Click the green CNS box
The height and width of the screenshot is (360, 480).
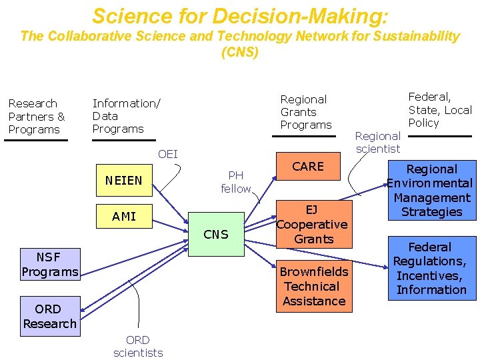[215, 234]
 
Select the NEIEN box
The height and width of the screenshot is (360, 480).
[124, 180]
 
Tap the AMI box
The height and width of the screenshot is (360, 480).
[124, 216]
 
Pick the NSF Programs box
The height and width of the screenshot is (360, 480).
[50, 265]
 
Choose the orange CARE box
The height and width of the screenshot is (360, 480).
[308, 167]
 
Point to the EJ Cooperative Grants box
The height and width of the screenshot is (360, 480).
[312, 225]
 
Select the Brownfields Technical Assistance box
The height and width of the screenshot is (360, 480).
[313, 287]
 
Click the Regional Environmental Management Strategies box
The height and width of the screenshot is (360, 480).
[431, 191]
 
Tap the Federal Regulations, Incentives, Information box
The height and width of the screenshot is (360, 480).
[431, 269]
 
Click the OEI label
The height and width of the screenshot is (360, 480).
[168, 155]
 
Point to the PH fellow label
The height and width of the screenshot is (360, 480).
[236, 182]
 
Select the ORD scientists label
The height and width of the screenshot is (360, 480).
[138, 346]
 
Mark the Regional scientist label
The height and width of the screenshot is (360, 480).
[378, 142]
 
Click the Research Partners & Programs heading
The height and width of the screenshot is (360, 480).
[37, 117]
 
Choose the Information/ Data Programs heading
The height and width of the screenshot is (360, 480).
[126, 116]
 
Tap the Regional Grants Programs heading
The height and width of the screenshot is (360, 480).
[305, 112]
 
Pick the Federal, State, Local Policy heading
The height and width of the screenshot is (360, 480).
[439, 110]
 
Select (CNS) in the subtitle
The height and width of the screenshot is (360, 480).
[240, 52]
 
